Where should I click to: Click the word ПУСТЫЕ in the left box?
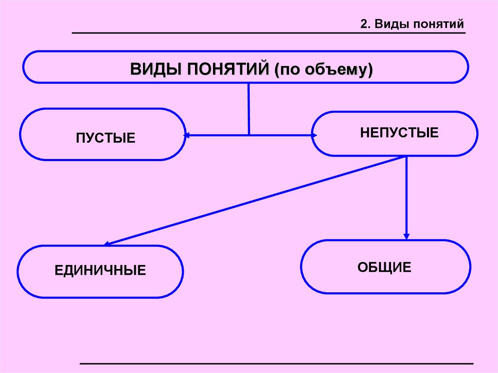[106, 138]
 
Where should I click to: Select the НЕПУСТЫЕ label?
[399, 132]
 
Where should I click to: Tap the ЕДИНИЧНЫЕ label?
[101, 270]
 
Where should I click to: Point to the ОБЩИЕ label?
[385, 267]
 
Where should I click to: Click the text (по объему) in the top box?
[323, 69]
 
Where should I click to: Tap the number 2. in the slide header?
[365, 24]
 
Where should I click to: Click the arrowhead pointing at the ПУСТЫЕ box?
[187, 136]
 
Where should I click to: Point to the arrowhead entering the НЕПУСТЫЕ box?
[314, 136]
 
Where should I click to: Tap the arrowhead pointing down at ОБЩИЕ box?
[407, 236]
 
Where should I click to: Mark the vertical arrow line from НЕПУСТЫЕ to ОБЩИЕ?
[407, 195]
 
